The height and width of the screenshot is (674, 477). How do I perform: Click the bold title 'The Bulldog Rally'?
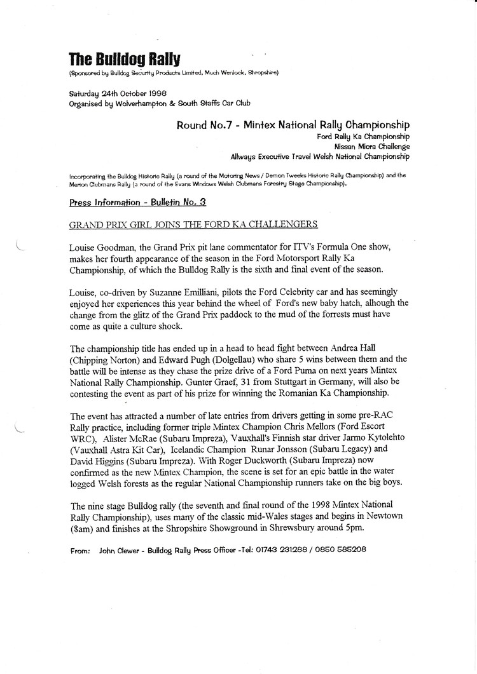point(125,60)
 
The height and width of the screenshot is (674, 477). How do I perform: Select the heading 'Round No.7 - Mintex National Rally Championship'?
point(293,125)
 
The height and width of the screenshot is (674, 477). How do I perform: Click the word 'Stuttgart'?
point(355,370)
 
